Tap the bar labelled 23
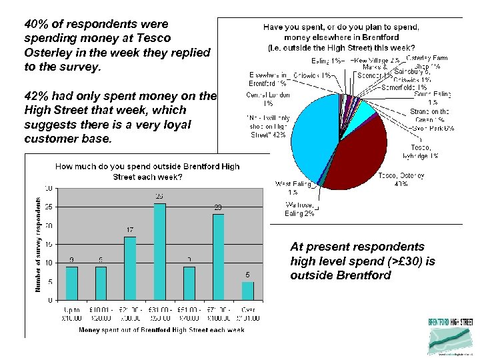(218, 257)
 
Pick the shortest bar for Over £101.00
(247, 291)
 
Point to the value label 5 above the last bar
(248, 275)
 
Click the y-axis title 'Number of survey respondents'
(38, 244)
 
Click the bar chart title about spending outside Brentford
(147, 171)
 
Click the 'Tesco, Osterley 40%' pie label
(401, 179)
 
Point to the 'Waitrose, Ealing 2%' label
(299, 209)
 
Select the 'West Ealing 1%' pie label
(293, 187)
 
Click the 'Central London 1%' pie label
(267, 99)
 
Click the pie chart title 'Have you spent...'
(341, 37)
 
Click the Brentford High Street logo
(451, 336)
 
